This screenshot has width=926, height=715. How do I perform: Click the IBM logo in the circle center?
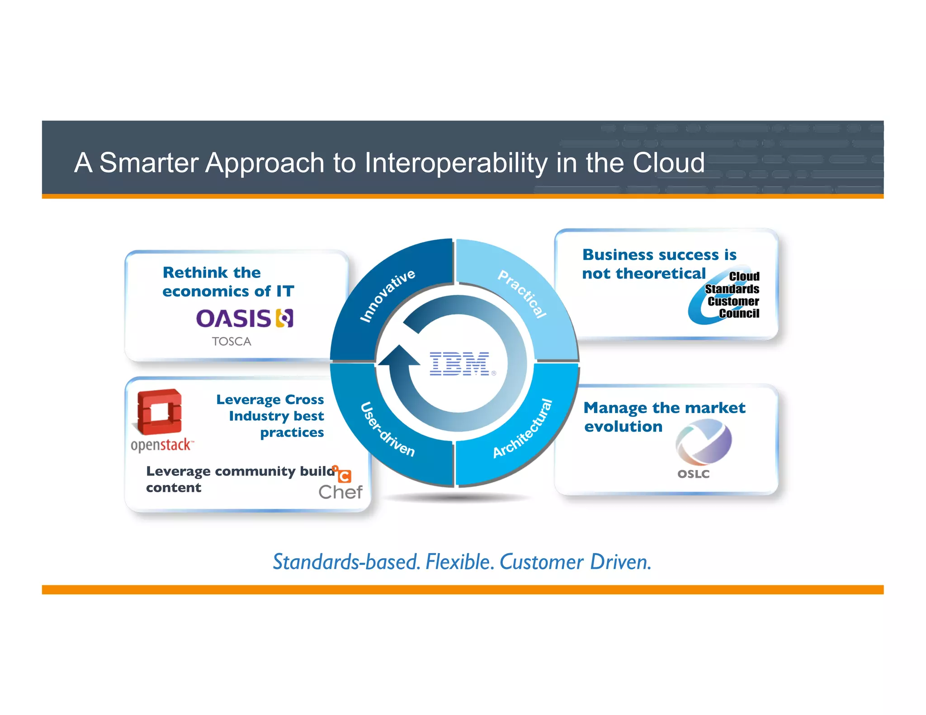(x=459, y=363)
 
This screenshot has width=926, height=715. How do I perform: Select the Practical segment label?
(x=523, y=294)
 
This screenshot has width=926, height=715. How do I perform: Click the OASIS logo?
(x=245, y=319)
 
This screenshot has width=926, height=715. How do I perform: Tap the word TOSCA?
(x=231, y=341)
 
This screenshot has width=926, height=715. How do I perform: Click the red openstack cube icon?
(x=159, y=412)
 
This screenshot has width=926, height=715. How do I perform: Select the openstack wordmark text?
(x=161, y=445)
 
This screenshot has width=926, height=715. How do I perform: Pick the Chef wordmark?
(x=340, y=492)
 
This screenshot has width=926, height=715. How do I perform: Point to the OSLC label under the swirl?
(x=693, y=474)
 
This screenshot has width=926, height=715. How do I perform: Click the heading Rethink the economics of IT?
(x=228, y=282)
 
